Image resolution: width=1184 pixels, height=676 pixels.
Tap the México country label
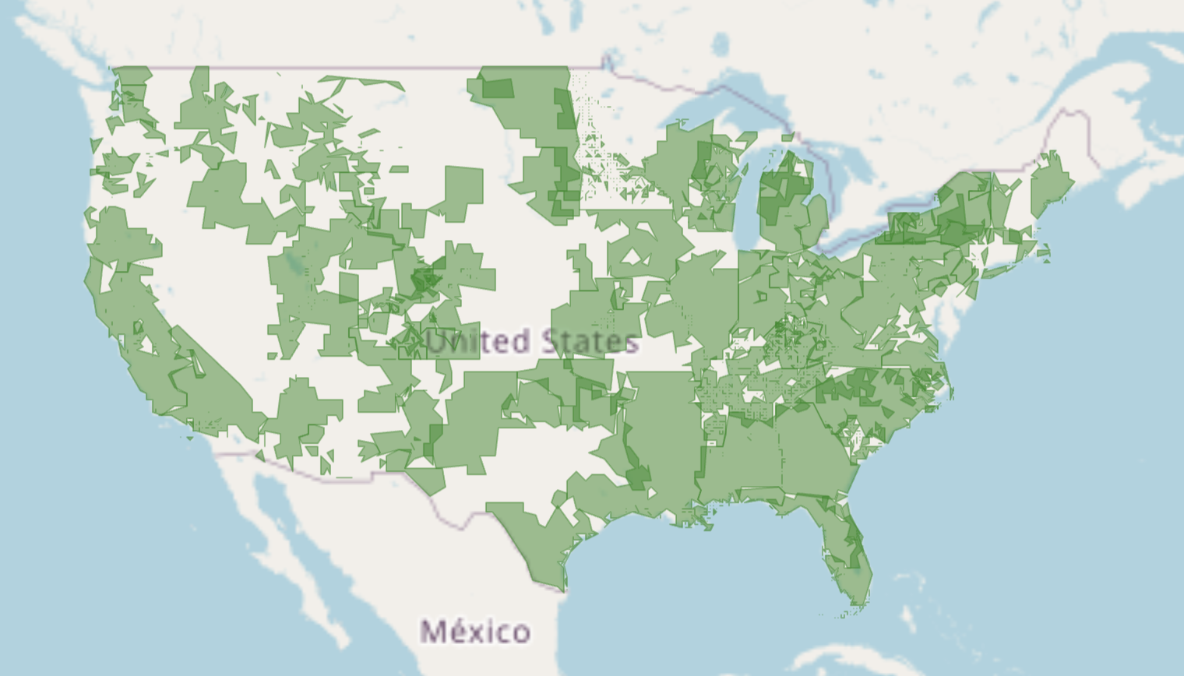pos(475,631)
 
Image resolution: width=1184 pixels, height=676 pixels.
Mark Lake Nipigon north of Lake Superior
pos(721,43)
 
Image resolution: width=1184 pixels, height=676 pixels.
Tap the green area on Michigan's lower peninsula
pos(787,210)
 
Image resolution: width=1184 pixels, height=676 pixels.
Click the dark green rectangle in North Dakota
pos(499,87)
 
